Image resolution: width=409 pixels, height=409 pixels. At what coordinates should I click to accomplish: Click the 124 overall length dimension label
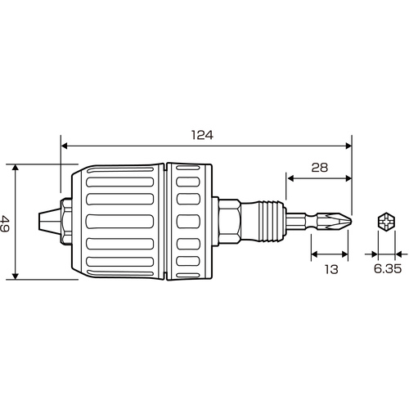tap(202, 135)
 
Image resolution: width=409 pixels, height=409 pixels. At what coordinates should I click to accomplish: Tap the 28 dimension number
tap(320, 168)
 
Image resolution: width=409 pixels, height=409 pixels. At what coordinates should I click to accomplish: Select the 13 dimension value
tap(331, 269)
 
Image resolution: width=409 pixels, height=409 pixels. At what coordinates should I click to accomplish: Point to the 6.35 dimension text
tap(387, 269)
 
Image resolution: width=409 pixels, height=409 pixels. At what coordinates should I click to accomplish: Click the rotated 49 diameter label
tap(5, 223)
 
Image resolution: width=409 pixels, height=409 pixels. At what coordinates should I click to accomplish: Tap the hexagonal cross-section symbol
tap(387, 222)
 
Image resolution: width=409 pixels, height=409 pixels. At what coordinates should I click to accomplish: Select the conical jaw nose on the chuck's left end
tap(49, 221)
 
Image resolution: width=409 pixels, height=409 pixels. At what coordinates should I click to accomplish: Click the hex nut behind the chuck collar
tap(229, 221)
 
